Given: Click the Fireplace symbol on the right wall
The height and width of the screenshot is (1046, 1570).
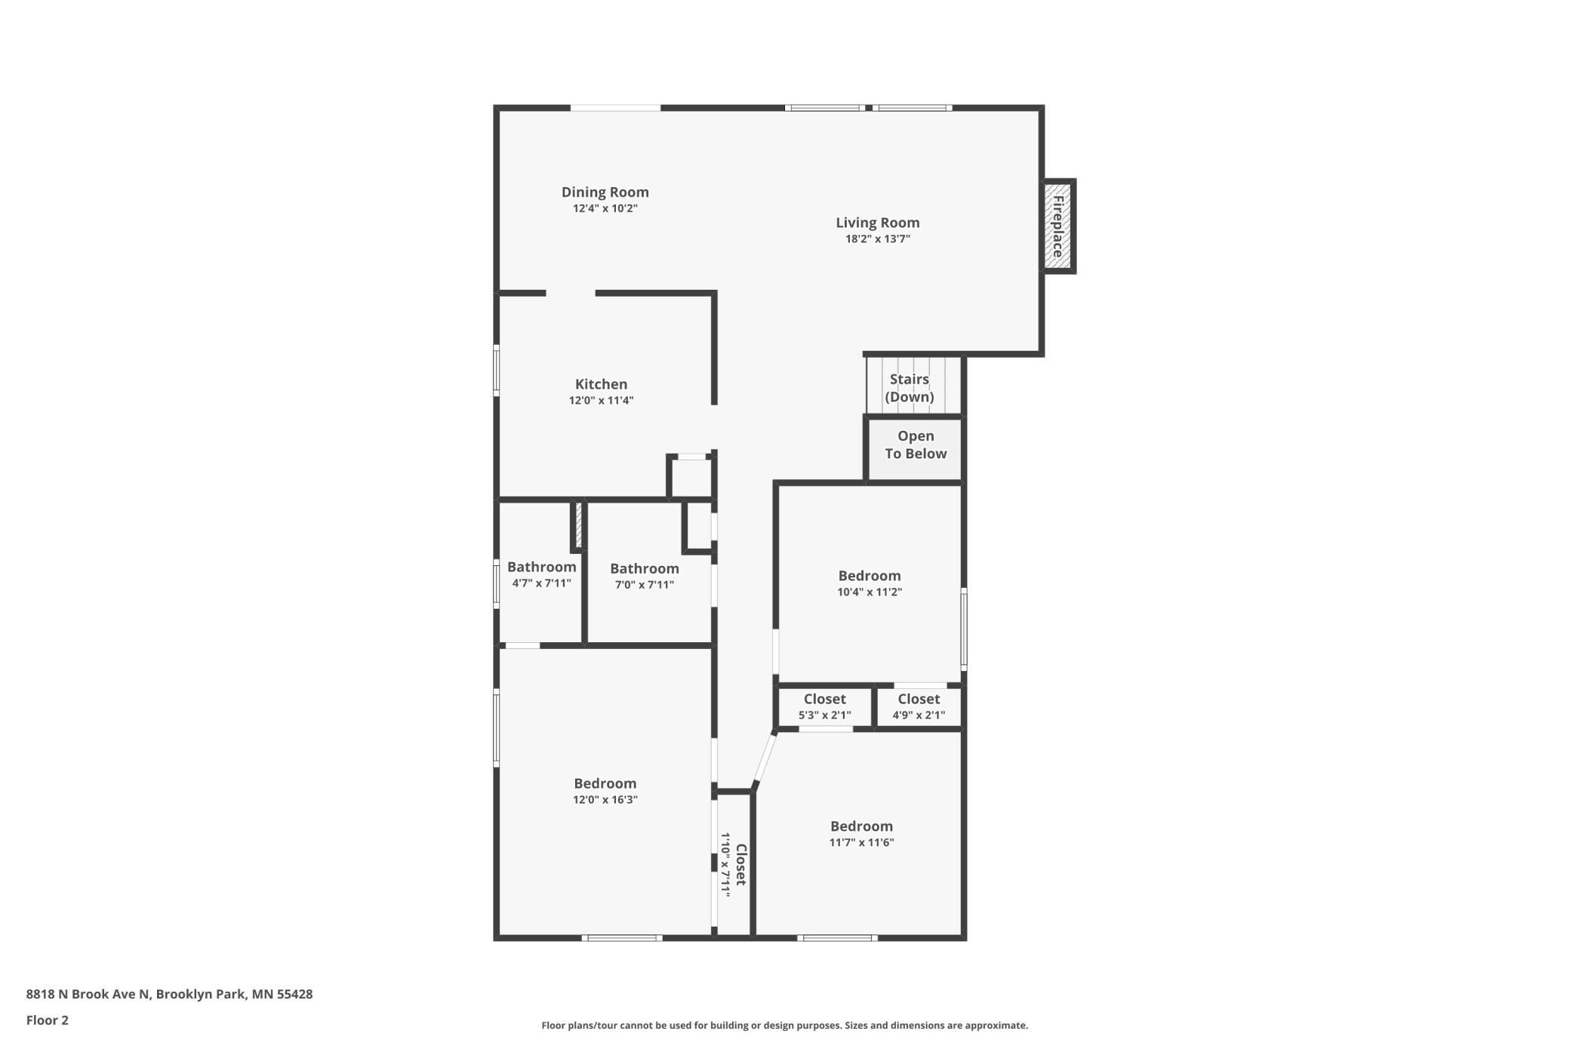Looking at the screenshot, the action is [1058, 226].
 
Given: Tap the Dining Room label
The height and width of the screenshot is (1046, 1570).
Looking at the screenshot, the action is [605, 192].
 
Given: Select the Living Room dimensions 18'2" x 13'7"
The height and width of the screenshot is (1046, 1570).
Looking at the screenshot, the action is [878, 239].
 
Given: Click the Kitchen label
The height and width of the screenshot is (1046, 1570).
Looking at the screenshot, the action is [602, 384].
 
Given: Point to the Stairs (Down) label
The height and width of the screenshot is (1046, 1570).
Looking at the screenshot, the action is [910, 388].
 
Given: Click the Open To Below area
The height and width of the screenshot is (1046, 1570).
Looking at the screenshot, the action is [916, 450].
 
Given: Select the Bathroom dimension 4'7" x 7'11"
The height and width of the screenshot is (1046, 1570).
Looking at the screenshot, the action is [542, 583].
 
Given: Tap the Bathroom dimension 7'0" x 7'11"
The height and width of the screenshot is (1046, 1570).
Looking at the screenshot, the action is [645, 585].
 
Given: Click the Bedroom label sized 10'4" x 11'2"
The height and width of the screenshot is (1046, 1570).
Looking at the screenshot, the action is [870, 576].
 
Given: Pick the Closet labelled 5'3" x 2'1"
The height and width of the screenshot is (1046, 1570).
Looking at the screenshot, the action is [825, 706].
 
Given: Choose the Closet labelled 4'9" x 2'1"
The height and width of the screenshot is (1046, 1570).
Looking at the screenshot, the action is [919, 706].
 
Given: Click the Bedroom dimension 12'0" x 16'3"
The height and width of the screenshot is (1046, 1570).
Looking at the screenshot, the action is [605, 800].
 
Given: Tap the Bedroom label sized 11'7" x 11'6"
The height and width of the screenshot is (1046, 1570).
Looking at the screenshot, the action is [862, 826].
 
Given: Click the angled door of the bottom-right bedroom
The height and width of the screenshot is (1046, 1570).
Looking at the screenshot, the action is [765, 761].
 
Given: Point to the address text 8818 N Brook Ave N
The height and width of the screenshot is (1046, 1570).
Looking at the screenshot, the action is [89, 994].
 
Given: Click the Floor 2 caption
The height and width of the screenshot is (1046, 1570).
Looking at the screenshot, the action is [48, 1020].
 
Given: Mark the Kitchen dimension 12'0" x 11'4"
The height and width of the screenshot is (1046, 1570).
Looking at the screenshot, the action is [602, 401].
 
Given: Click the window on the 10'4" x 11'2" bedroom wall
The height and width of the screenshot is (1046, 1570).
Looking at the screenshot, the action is [964, 629].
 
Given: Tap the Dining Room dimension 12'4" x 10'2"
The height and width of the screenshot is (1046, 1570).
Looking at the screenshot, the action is [605, 209].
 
